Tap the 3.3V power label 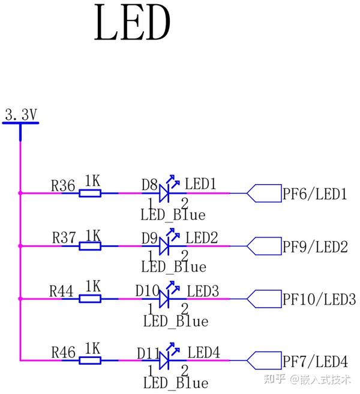21,114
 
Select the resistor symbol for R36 90,193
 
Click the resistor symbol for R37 90,246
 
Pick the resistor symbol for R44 90,298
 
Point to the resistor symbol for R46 90,360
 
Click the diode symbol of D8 166,193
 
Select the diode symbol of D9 166,246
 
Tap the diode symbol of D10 166,298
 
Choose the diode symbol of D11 166,360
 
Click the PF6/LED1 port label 315,194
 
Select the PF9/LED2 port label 315,246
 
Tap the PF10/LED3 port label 319,299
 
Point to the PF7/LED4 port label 315,362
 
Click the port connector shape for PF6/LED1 264,193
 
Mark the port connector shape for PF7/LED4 264,360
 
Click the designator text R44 61,291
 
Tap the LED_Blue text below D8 173,214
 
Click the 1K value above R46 92,348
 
